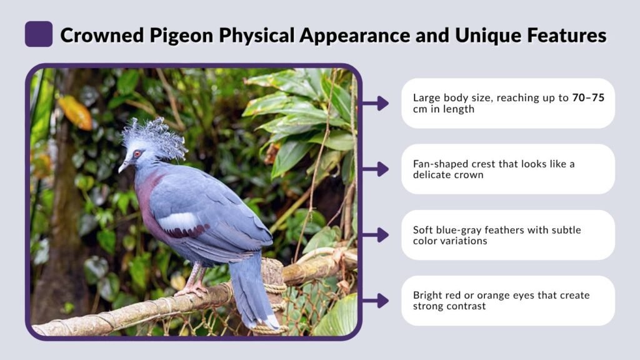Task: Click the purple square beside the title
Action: click(x=39, y=34)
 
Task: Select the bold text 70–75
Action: click(x=588, y=97)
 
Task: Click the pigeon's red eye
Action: click(x=137, y=153)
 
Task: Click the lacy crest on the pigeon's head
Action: click(x=154, y=136)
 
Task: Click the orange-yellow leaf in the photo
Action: click(x=76, y=112)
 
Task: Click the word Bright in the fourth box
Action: click(x=427, y=296)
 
